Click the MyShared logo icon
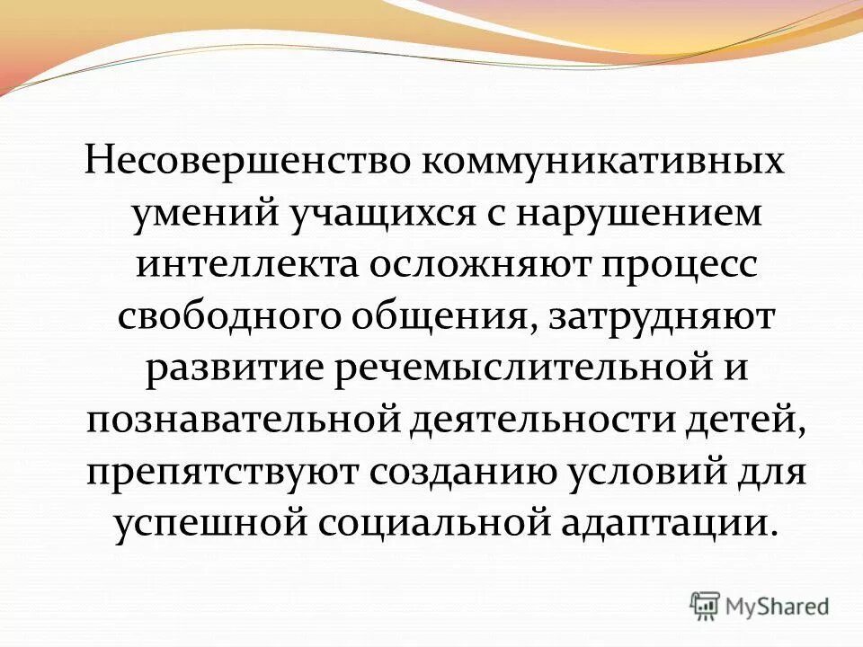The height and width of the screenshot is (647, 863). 706,605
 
